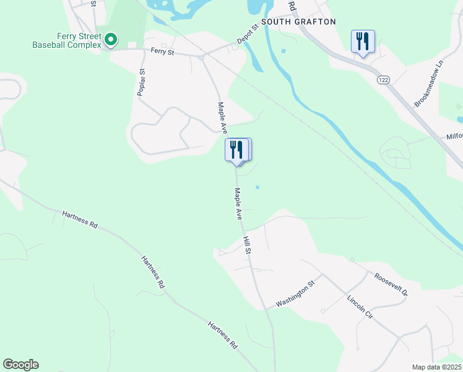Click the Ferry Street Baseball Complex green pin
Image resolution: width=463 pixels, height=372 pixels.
coord(111,40)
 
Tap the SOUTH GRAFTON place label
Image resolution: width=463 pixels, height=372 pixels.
coord(298,22)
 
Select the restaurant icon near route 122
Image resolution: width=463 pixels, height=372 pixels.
coord(361,42)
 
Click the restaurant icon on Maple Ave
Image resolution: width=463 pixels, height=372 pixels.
coord(237,151)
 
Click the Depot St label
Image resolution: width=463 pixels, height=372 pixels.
coord(247,36)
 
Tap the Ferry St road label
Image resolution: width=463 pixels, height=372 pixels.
coord(162,52)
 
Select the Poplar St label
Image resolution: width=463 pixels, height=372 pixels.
coord(142,82)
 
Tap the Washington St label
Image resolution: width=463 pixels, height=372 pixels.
coord(295,294)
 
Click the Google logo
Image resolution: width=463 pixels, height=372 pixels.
coord(20,365)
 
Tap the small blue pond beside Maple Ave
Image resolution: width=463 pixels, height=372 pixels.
coord(257,187)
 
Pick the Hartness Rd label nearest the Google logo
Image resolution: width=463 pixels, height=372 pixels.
coord(223,335)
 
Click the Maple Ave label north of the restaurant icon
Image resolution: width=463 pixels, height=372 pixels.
coord(222,118)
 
